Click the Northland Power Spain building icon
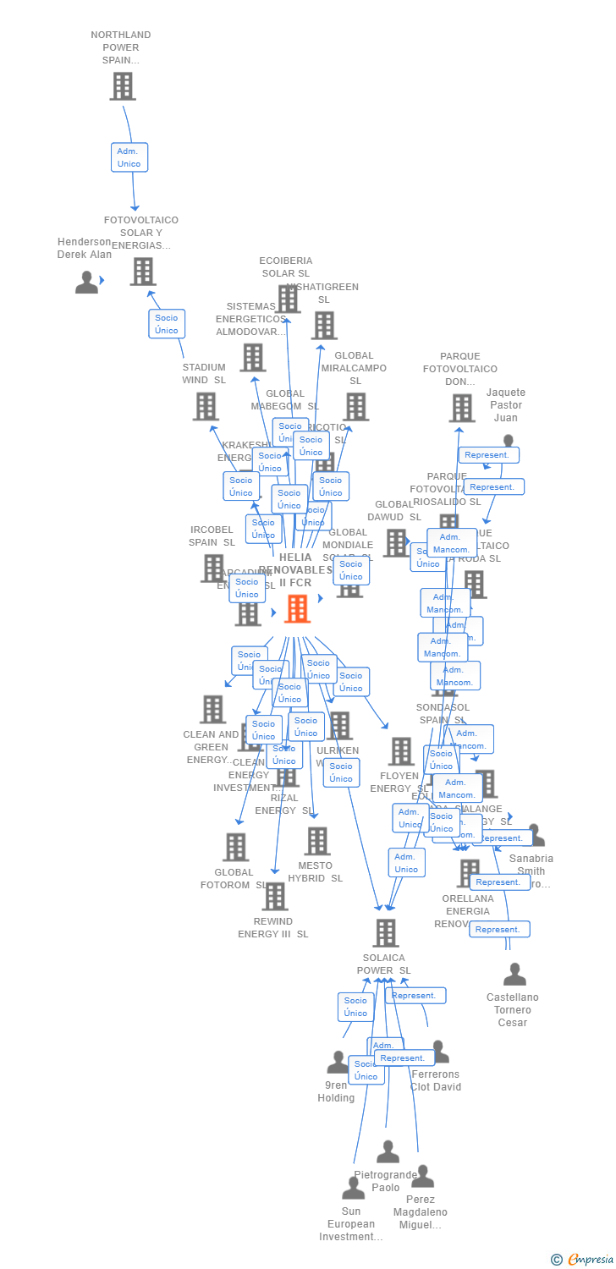point(123,86)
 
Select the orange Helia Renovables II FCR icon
point(297,608)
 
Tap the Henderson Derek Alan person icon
point(86,283)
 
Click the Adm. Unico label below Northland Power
point(129,157)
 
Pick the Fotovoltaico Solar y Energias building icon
point(142,272)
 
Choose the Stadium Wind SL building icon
point(206,407)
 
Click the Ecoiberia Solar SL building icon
point(288,299)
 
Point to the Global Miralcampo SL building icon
point(355,407)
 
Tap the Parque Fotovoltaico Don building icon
point(462,408)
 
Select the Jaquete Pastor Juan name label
point(506,405)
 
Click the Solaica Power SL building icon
point(386,932)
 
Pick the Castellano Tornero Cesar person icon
point(514,975)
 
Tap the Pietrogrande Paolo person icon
point(388,1151)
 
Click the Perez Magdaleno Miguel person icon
point(422,1176)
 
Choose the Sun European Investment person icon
point(353,1188)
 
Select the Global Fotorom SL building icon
point(235,847)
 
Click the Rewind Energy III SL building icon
point(275,897)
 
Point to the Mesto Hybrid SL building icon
point(317,841)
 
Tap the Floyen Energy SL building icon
point(400,751)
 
